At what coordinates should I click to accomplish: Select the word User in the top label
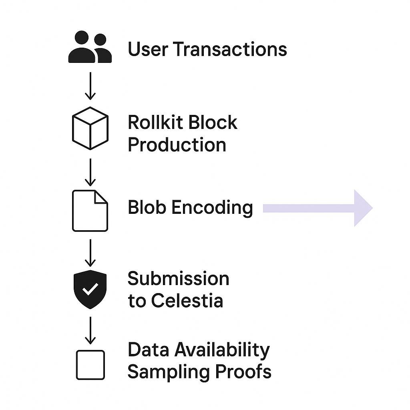pyautogui.click(x=148, y=49)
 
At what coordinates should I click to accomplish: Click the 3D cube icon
pyautogui.click(x=90, y=128)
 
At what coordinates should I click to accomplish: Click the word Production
pyautogui.click(x=177, y=145)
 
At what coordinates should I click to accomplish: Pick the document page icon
pyautogui.click(x=90, y=211)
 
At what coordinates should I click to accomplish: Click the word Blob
pyautogui.click(x=147, y=207)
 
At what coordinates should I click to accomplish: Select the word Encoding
pyautogui.click(x=212, y=208)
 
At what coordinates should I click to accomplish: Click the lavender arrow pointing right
pyautogui.click(x=318, y=208)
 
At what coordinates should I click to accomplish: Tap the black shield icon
pyautogui.click(x=90, y=289)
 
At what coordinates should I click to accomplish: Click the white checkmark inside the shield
pyautogui.click(x=90, y=289)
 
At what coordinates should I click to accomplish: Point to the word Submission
pyautogui.click(x=178, y=279)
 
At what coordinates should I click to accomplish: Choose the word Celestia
pyautogui.click(x=187, y=301)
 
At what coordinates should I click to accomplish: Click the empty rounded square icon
pyautogui.click(x=90, y=365)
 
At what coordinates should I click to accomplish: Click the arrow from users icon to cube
pyautogui.click(x=90, y=86)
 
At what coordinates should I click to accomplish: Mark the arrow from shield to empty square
pyautogui.click(x=90, y=331)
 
